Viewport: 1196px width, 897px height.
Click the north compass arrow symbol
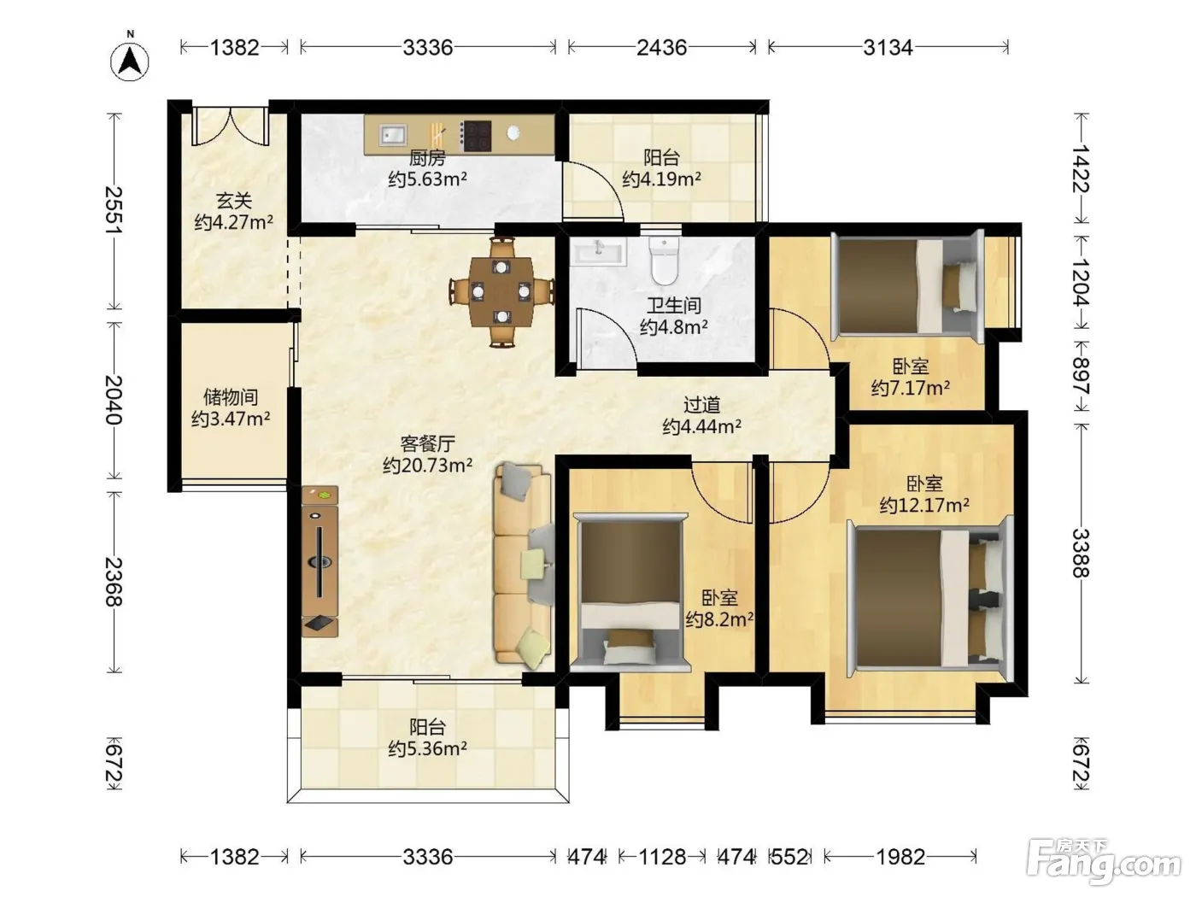click(x=130, y=62)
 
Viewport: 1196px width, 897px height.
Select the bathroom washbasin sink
click(x=598, y=252)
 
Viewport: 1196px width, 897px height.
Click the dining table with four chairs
click(x=501, y=291)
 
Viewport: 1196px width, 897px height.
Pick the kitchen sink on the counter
click(x=394, y=134)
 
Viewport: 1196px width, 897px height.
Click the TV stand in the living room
click(x=320, y=561)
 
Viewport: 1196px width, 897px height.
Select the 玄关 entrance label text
click(x=234, y=202)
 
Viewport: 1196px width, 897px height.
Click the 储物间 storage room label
click(x=231, y=397)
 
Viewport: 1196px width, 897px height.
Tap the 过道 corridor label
click(x=702, y=405)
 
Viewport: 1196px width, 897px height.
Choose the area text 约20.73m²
click(x=427, y=466)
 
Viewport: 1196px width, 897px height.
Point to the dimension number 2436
click(x=661, y=47)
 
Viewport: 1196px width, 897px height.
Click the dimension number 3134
click(x=888, y=47)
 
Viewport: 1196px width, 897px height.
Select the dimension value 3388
click(x=1081, y=553)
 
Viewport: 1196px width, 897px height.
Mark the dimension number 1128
click(x=662, y=857)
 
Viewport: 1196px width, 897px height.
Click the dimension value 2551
click(x=114, y=210)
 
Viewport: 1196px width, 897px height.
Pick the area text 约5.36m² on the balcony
click(x=427, y=749)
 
